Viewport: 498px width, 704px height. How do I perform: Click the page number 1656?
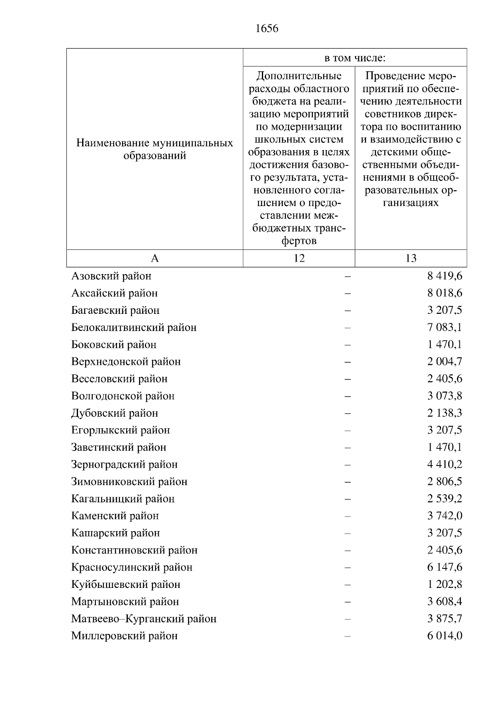(267, 29)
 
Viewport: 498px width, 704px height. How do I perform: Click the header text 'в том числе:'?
(355, 58)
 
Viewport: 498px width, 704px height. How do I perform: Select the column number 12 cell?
(299, 258)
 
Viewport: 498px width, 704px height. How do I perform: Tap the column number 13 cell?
(410, 258)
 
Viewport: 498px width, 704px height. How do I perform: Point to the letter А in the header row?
(155, 258)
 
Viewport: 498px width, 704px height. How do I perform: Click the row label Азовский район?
(111, 276)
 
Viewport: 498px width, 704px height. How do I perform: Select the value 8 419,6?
(444, 276)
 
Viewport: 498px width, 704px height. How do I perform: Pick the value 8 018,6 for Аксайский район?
(444, 293)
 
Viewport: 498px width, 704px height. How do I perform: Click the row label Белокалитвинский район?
(134, 328)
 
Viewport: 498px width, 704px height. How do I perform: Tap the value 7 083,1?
(444, 328)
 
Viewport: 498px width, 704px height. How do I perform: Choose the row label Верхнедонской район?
(126, 362)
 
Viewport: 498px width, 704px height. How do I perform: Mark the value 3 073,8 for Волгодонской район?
(444, 396)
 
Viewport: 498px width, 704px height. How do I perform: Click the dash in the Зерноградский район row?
(347, 465)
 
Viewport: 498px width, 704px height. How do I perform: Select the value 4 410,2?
(444, 464)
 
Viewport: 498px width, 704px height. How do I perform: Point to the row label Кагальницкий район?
(123, 499)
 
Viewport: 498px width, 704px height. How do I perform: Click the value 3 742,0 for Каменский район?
(444, 516)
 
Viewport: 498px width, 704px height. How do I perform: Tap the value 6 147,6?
(444, 567)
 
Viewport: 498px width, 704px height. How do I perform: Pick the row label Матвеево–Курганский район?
(144, 619)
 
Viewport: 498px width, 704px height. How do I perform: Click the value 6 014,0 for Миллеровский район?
(444, 636)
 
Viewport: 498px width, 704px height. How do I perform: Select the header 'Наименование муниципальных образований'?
(155, 149)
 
